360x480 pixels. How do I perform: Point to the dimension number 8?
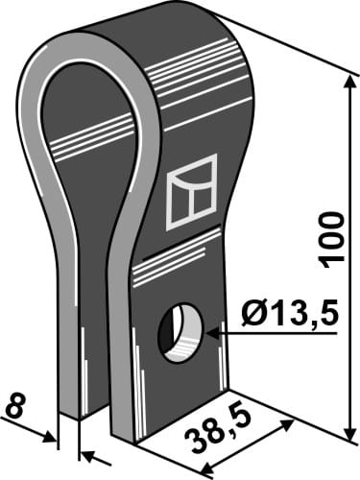pyautogui.click(x=13, y=406)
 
